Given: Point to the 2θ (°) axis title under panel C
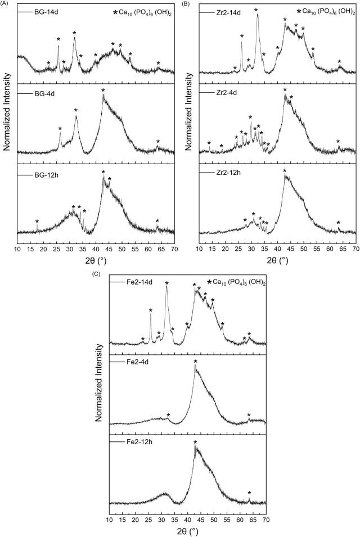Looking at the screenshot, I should coord(187,530).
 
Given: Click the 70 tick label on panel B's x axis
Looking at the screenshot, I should coord(356,248).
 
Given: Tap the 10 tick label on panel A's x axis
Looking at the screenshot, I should coord(18,248).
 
